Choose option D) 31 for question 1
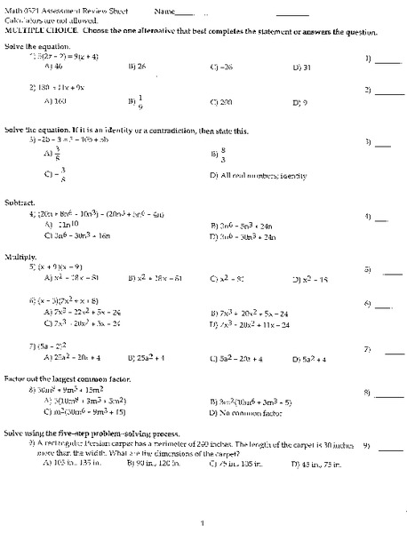click(x=299, y=66)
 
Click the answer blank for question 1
click(x=388, y=60)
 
